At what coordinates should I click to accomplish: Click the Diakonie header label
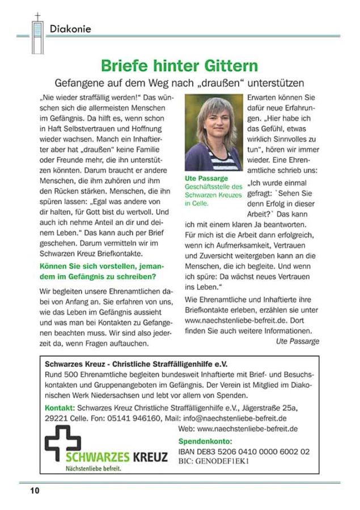point(70,28)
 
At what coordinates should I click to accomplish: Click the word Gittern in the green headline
point(223,65)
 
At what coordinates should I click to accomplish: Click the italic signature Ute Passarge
point(297,341)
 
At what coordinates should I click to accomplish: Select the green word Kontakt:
point(59,407)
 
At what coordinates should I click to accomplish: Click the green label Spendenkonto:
point(205,440)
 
